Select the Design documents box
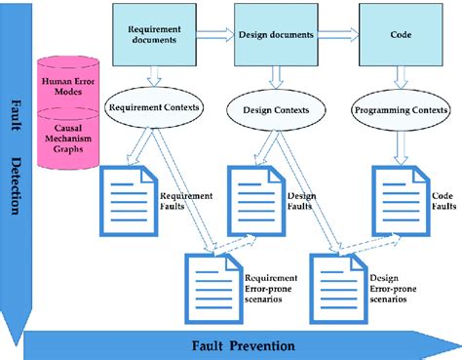click(x=276, y=35)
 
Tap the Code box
click(x=395, y=35)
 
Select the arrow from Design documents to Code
click(x=337, y=35)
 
